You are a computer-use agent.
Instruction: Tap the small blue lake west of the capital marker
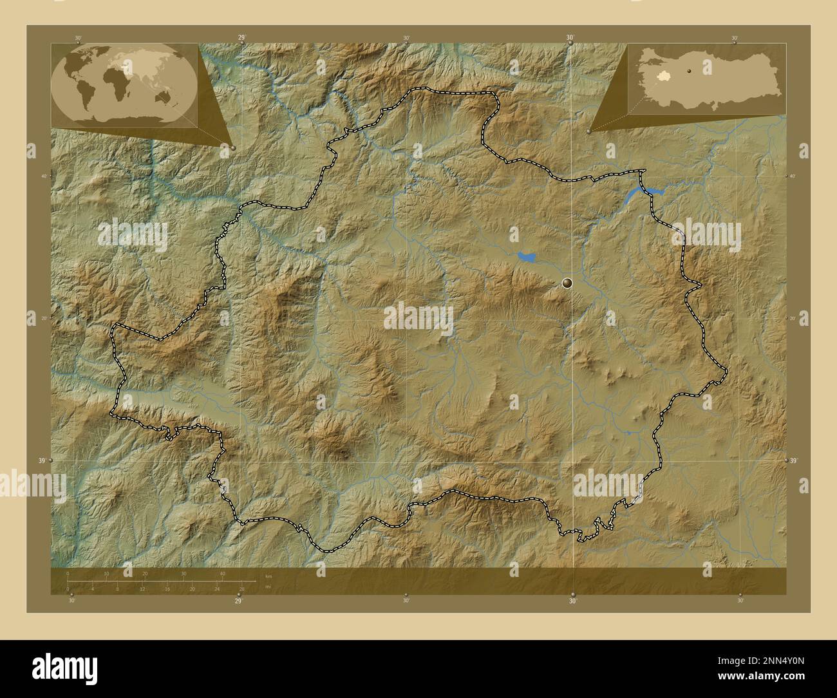(526, 257)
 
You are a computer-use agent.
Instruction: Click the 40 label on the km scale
(223, 573)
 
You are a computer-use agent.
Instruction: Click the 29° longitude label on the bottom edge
(239, 601)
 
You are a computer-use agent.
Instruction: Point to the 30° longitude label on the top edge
(570, 38)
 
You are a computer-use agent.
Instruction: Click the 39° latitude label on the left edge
(42, 460)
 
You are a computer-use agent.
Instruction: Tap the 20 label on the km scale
(145, 573)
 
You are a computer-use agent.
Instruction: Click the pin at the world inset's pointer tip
(232, 147)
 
